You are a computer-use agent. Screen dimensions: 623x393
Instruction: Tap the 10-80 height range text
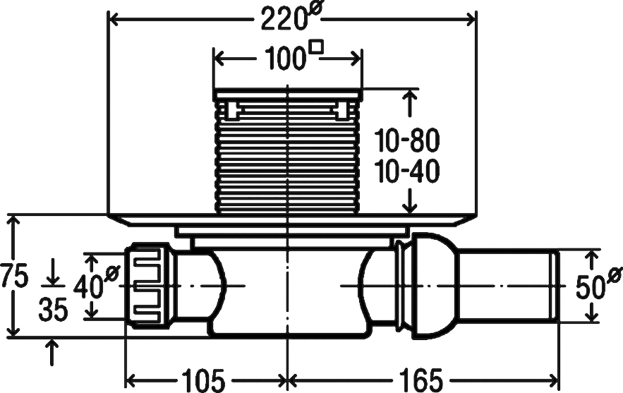tap(407, 140)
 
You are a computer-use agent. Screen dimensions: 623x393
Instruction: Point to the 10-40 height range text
tap(407, 171)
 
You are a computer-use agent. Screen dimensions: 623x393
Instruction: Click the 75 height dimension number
tap(14, 276)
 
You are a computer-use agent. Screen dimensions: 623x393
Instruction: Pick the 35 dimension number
tap(53, 310)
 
